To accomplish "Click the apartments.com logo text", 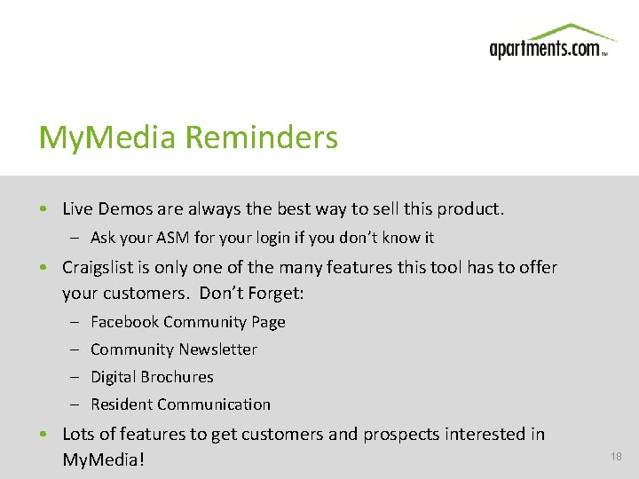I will (545, 49).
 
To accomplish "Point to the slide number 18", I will (616, 456).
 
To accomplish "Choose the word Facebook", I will (124, 322).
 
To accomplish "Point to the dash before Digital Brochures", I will (76, 377).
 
